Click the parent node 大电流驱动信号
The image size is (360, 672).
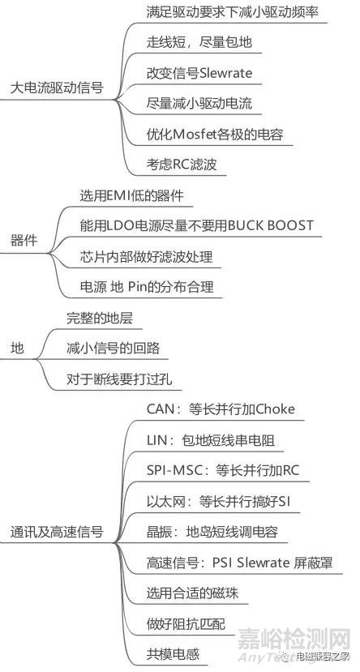[56, 88]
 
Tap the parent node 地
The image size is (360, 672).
[17, 348]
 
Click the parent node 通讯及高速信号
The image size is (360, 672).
[56, 533]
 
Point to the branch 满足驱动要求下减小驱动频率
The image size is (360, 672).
[227, 12]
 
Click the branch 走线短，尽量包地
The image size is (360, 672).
[192, 43]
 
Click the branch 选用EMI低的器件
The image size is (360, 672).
[131, 195]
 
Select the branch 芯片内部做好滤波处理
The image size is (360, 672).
[146, 257]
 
